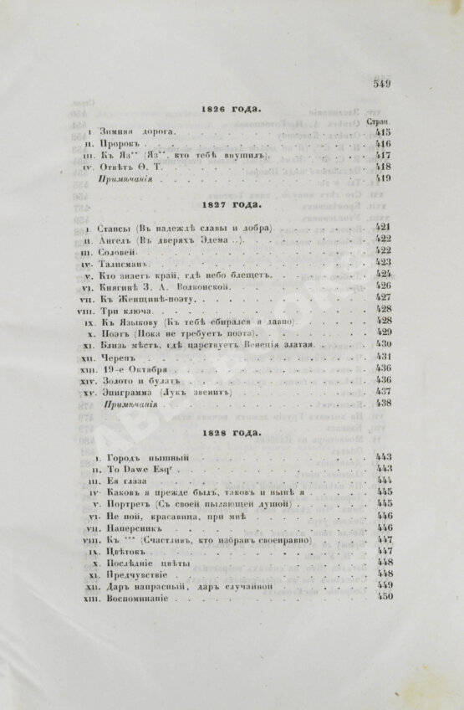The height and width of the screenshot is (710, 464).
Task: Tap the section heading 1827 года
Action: (x=232, y=204)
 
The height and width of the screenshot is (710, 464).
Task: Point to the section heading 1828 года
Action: (x=232, y=434)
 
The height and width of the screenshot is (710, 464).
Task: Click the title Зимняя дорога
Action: (x=137, y=131)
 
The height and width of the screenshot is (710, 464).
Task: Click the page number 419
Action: (x=384, y=177)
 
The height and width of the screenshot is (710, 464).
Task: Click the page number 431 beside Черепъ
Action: (x=384, y=356)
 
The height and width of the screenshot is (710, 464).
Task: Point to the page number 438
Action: (x=384, y=403)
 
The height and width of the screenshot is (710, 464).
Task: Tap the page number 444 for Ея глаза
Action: (x=384, y=481)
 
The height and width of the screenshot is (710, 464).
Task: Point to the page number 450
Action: (x=384, y=597)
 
